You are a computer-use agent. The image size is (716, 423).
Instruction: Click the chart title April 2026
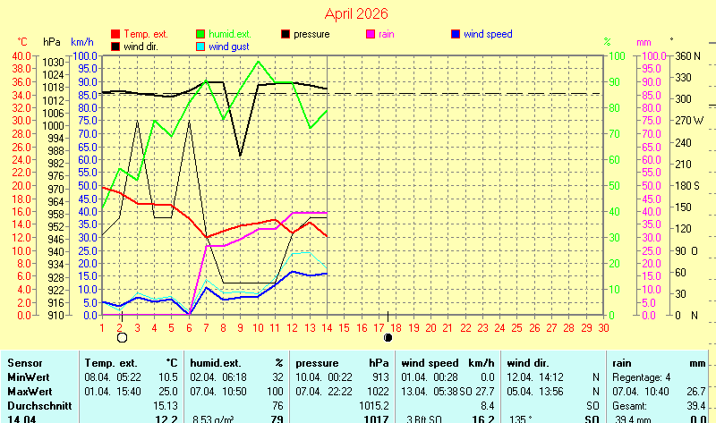(x=357, y=13)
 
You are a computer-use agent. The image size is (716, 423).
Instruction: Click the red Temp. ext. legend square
(x=115, y=34)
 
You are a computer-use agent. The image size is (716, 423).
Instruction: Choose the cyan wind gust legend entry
(x=230, y=47)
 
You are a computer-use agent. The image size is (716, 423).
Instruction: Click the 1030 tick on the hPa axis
(x=52, y=62)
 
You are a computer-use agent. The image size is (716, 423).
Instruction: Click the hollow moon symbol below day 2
(x=122, y=338)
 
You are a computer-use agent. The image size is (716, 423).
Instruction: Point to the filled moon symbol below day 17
(x=388, y=338)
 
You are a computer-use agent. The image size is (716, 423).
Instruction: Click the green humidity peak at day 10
(x=259, y=61)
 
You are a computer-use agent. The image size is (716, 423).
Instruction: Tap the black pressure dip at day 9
(x=241, y=156)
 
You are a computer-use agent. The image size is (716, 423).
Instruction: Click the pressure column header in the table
(x=318, y=364)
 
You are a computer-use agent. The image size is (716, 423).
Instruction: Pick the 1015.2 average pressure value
(x=372, y=405)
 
